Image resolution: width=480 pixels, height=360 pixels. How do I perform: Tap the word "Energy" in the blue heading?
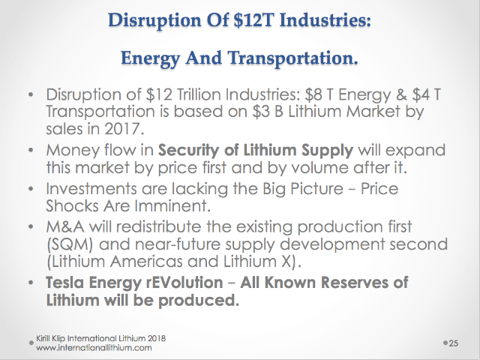pos(150,58)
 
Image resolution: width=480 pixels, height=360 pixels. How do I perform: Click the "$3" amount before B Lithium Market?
pos(262,112)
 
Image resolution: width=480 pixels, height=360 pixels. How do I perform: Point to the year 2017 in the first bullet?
pos(124,129)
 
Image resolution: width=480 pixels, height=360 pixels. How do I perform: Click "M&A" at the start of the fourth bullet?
pos(65,226)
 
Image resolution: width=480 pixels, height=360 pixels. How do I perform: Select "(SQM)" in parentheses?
pos(70,244)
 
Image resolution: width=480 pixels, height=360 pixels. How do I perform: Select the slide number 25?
pos(453,343)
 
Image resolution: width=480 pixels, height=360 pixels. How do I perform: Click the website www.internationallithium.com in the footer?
pos(94,348)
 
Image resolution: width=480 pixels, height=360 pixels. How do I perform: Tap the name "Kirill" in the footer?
pos(42,338)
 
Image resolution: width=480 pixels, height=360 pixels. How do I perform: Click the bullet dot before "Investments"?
pos(31,189)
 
